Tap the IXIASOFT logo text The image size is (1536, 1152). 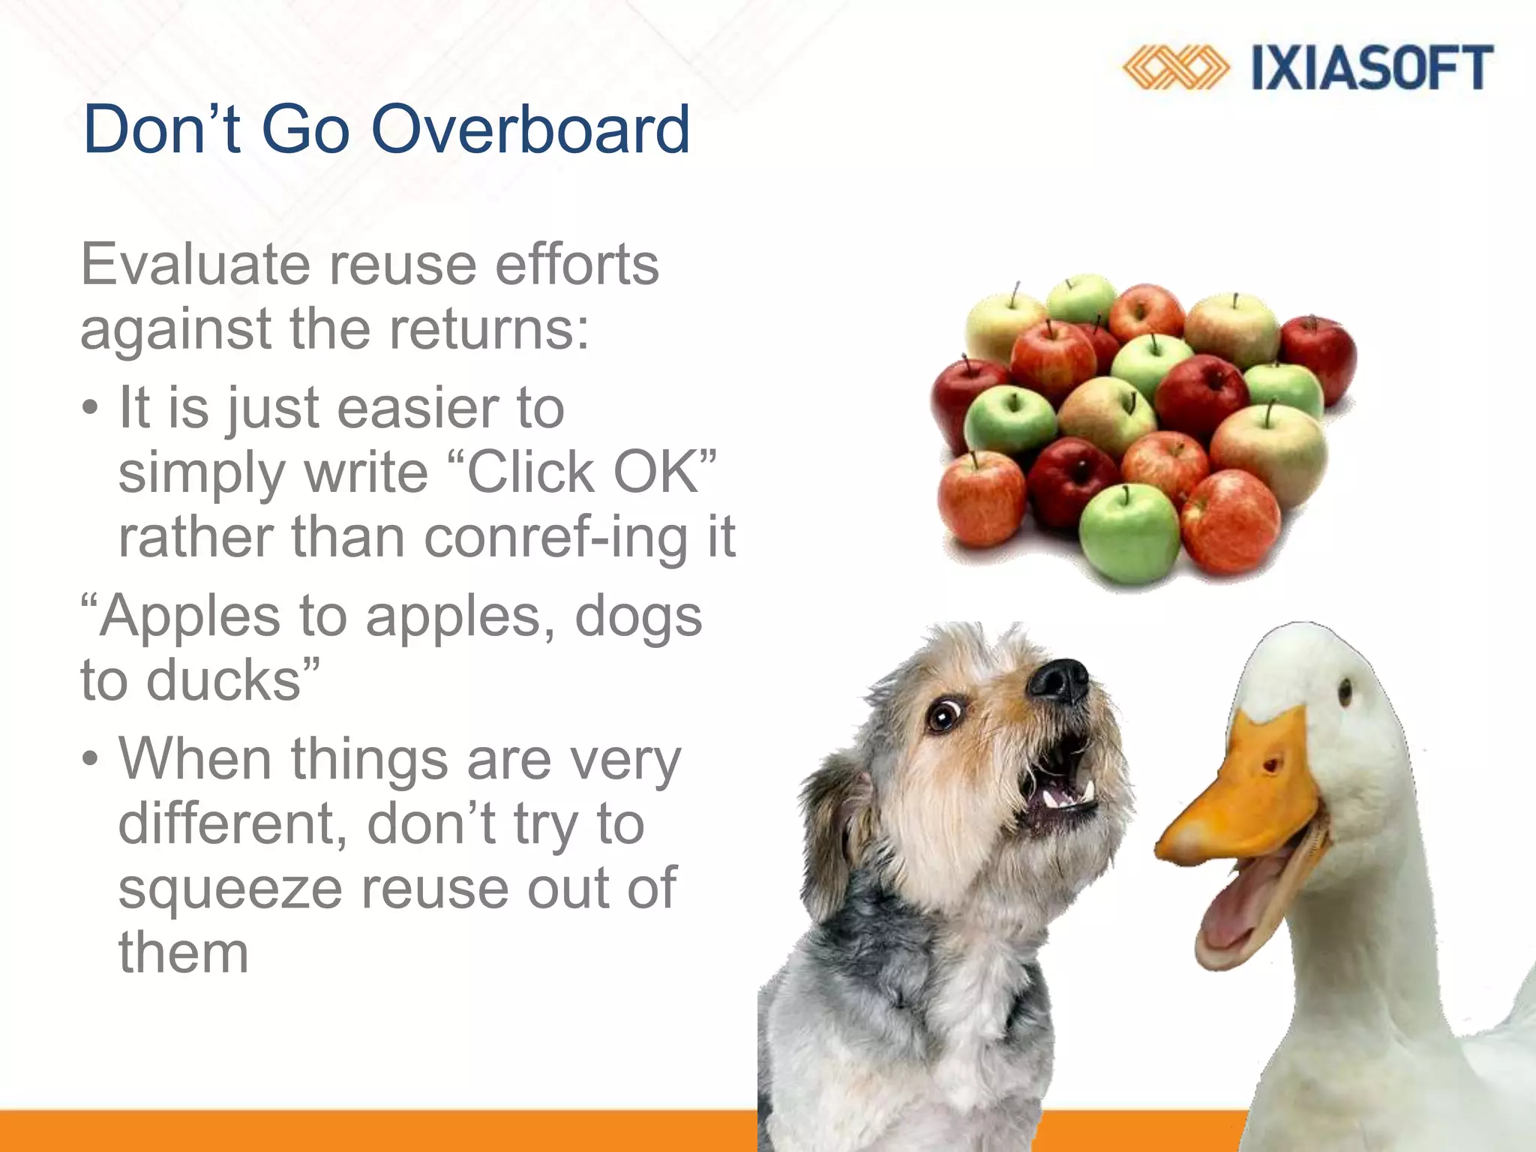click(1372, 68)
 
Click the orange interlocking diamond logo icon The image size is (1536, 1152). click(1175, 68)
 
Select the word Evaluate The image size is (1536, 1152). click(194, 264)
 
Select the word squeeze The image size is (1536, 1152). click(230, 888)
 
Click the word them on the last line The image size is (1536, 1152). click(183, 952)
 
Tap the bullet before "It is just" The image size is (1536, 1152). click(90, 409)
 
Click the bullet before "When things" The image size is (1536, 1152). click(90, 760)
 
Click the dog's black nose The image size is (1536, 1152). click(1058, 679)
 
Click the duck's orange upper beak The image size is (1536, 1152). click(1245, 795)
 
